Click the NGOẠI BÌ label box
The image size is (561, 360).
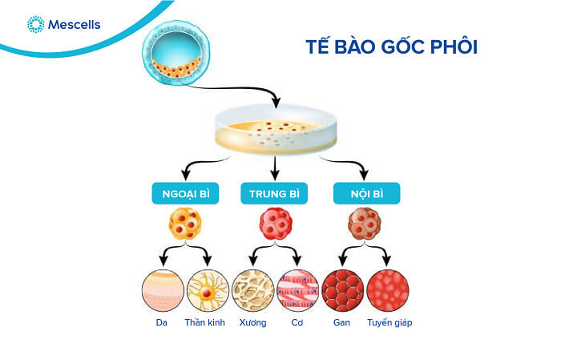[184, 193]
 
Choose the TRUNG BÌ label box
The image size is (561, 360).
[274, 193]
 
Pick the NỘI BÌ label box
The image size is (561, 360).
[365, 193]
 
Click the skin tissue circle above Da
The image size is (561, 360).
[162, 289]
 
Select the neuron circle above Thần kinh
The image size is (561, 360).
[207, 289]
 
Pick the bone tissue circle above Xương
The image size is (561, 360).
[252, 289]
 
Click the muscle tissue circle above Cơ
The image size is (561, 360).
[297, 289]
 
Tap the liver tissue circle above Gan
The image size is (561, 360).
[343, 289]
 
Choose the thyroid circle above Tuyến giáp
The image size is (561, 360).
[389, 289]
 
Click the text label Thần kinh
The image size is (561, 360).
[206, 322]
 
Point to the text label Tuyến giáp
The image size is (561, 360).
[389, 322]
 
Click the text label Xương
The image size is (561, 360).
[252, 322]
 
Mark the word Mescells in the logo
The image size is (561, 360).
[74, 25]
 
